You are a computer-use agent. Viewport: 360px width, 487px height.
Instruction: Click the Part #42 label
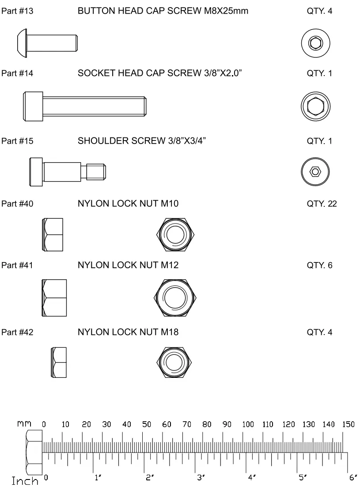[17, 332]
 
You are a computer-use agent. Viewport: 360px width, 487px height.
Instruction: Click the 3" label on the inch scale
[200, 478]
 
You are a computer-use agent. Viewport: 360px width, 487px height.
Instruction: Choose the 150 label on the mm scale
[349, 425]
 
